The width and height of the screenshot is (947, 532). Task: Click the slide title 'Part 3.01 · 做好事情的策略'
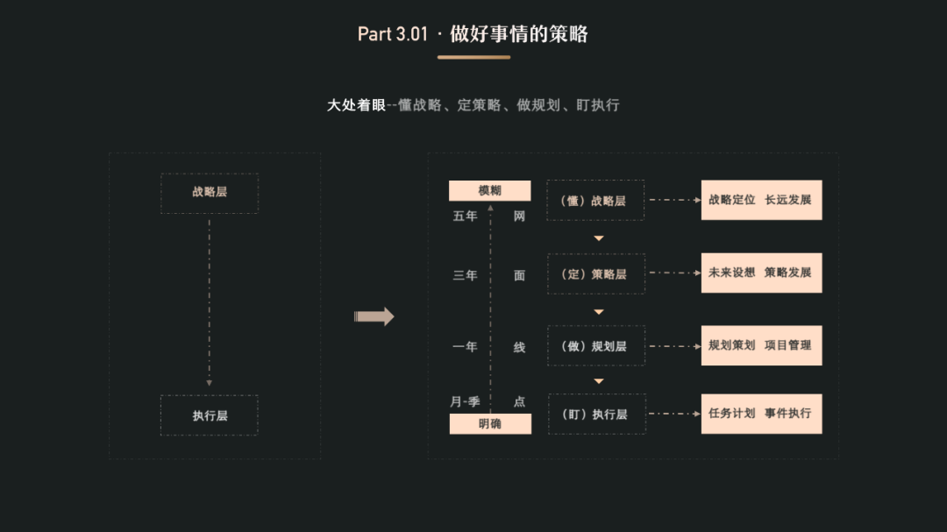(x=473, y=34)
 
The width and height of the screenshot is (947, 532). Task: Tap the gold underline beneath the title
(x=473, y=57)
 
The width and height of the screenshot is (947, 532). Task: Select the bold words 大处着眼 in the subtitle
(x=356, y=105)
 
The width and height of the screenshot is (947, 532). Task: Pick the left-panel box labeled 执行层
(x=210, y=415)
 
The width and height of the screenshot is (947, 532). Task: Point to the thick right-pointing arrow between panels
(x=374, y=316)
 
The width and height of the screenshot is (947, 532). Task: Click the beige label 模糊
(x=489, y=191)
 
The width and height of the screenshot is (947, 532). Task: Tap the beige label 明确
(x=490, y=424)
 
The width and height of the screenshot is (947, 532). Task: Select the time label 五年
(x=465, y=216)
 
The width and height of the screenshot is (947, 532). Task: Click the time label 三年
(x=465, y=275)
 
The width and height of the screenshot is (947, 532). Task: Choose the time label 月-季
(x=465, y=401)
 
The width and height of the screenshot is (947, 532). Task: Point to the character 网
(x=519, y=216)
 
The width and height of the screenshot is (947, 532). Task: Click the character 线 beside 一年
(x=519, y=347)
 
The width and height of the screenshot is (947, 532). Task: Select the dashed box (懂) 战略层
(x=595, y=201)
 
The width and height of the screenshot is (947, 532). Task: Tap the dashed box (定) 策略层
(x=595, y=273)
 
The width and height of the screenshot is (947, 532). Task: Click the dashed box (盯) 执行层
(x=595, y=414)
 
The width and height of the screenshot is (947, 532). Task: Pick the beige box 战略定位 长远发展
(x=761, y=200)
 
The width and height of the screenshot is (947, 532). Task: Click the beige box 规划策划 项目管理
(x=761, y=345)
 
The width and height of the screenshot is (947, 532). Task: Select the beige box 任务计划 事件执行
(x=761, y=414)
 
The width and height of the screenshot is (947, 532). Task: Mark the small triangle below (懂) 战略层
(x=599, y=238)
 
